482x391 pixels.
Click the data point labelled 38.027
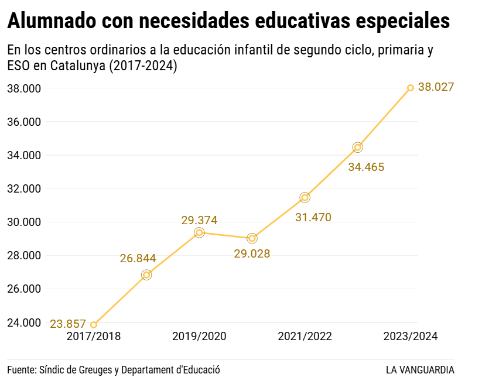[x=411, y=88]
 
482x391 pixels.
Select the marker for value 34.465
[x=358, y=147]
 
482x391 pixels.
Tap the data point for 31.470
[x=305, y=197]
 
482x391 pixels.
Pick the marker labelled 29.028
[x=252, y=238]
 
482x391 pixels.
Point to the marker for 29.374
[x=199, y=232]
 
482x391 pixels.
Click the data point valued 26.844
[x=146, y=275]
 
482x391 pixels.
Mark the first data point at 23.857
[x=94, y=325]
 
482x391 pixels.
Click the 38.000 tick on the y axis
[x=24, y=88]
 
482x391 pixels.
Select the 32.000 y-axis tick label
[x=24, y=189]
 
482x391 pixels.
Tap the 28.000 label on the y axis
[x=24, y=256]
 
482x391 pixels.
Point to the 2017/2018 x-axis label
[x=94, y=337]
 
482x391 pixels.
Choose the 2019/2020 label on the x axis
[x=199, y=337]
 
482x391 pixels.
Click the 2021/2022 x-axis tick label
[x=305, y=337]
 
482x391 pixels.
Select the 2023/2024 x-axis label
[x=410, y=337]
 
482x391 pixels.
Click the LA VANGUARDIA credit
[x=420, y=370]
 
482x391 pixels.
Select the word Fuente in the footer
[x=22, y=370]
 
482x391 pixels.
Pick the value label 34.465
[x=366, y=167]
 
